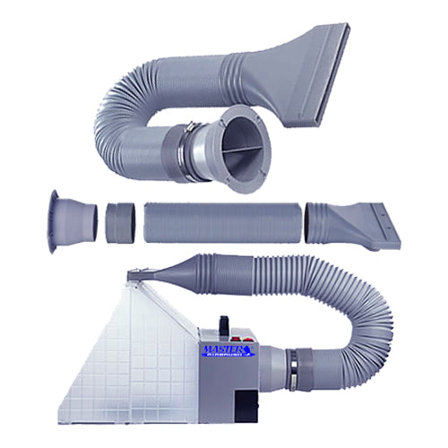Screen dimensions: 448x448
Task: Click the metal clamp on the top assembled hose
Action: [192, 139]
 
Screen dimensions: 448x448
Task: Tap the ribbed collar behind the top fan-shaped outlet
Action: [269, 63]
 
